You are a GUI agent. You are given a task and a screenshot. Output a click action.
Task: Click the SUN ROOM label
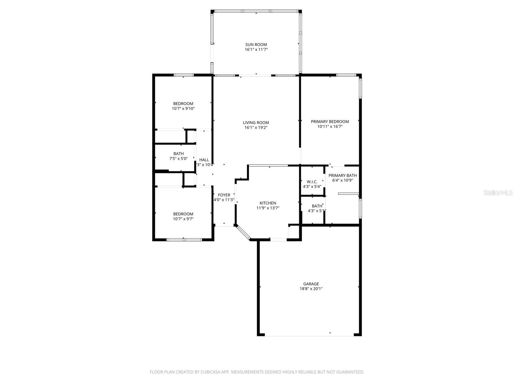pos(256,45)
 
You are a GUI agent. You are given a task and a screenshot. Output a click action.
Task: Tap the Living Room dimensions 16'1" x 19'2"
pos(256,127)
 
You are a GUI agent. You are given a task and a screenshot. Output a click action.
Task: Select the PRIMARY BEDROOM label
pos(330,122)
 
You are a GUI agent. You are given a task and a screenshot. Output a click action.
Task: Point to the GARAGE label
pos(311,284)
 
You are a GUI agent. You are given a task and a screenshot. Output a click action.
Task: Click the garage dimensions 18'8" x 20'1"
pos(311,289)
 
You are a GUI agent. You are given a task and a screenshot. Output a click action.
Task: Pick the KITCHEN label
pos(268,203)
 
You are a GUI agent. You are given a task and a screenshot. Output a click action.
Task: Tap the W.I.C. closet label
pos(312,182)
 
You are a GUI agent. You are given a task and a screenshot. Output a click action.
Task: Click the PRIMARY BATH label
pos(342,175)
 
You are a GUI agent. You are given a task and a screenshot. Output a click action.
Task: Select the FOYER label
pos(224,195)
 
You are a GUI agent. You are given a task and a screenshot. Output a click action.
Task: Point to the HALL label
pos(204,160)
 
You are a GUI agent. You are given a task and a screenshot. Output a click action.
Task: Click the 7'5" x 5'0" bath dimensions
pos(179,158)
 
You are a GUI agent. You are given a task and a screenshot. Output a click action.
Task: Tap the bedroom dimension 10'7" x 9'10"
pos(183,108)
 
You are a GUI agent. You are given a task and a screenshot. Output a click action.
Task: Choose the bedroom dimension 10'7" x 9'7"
pos(183,219)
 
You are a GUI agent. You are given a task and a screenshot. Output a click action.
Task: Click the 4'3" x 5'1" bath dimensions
pos(317,211)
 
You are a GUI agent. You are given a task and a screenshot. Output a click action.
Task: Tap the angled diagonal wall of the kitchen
pos(243,232)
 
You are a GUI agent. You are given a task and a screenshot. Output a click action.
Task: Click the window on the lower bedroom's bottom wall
pos(184,239)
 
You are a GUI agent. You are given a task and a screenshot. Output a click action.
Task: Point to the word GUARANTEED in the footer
pos(350,372)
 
